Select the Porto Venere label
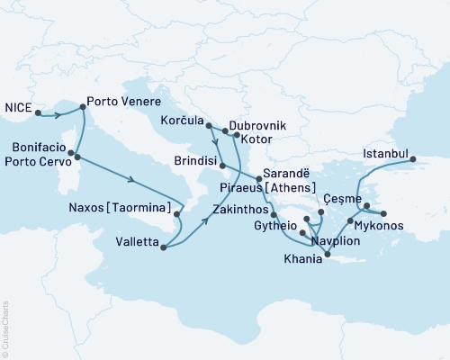coord(123,103)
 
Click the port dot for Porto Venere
coord(83,107)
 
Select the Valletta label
coord(139,241)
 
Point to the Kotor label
coord(260,141)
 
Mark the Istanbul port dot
coord(415,160)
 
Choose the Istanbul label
coord(385,154)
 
